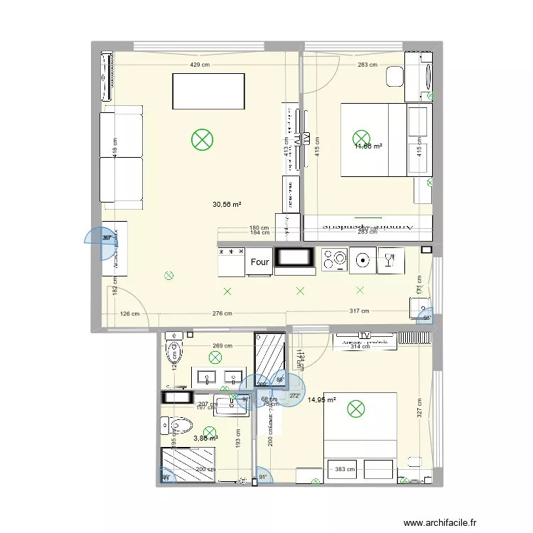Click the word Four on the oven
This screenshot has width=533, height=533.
(x=260, y=262)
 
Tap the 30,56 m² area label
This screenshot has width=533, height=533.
(x=227, y=205)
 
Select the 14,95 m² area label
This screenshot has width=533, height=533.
(x=321, y=400)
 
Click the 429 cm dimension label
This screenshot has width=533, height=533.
(x=200, y=65)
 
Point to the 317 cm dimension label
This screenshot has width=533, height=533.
(x=360, y=311)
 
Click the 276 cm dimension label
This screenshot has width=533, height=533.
(x=222, y=313)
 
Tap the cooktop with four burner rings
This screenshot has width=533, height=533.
(x=334, y=259)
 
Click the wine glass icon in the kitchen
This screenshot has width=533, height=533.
(x=389, y=259)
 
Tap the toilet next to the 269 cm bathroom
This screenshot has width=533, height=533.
(x=173, y=350)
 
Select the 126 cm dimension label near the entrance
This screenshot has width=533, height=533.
(x=129, y=313)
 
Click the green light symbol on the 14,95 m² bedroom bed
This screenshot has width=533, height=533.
(x=354, y=409)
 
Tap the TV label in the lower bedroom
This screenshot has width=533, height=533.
(x=366, y=335)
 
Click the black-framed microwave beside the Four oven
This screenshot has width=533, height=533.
(x=294, y=261)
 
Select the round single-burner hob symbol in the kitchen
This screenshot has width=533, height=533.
(x=362, y=259)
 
